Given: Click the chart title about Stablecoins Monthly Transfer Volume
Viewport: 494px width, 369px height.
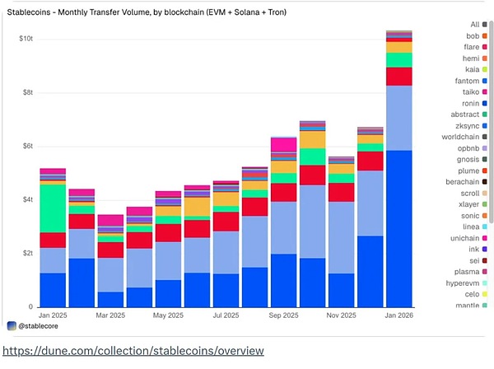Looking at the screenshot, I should click(152, 13).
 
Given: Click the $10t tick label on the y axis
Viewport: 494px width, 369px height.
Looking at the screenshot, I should click(26, 39).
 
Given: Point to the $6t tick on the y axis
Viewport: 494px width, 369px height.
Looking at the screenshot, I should click(28, 146).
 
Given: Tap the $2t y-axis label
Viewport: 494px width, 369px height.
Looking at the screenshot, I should click(28, 253).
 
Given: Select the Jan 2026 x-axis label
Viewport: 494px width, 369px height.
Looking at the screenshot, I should click(398, 315).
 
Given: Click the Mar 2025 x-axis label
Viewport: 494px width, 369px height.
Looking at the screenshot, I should click(110, 315).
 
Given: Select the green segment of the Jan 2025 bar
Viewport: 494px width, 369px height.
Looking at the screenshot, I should click(53, 208).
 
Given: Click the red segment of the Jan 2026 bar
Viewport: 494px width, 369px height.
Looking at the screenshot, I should click(399, 76).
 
